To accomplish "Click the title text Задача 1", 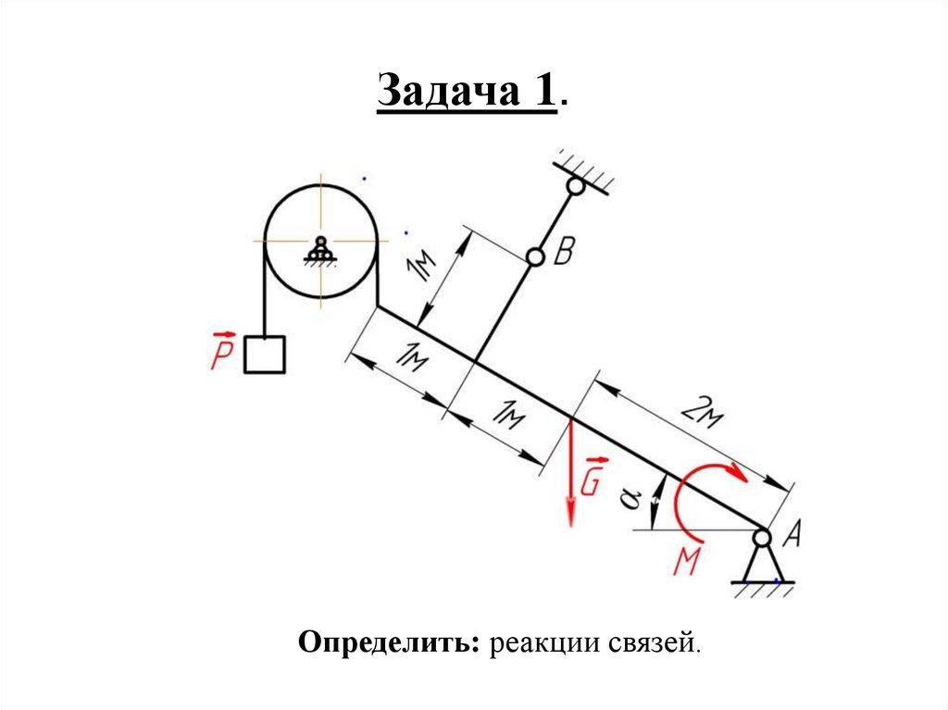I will pyautogui.click(x=472, y=93).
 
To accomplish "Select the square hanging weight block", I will pyautogui.click(x=264, y=354).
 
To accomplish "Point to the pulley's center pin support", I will pyautogui.click(x=320, y=252).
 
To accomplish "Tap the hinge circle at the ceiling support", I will pyautogui.click(x=576, y=186).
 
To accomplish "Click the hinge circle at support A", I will pyautogui.click(x=762, y=536).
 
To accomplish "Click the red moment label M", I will pyautogui.click(x=686, y=561).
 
